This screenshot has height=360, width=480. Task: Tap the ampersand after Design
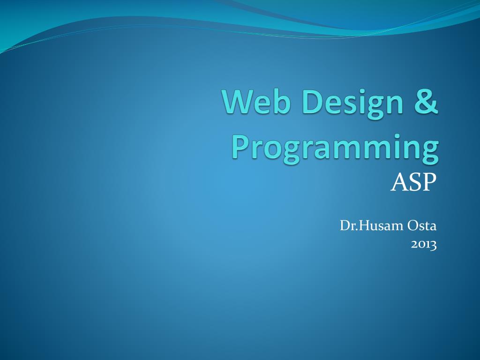tap(427, 101)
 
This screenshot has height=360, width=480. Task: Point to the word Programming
tap(335, 149)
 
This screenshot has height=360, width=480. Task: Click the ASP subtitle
tap(413, 182)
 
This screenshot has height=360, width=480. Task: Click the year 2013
tap(424, 245)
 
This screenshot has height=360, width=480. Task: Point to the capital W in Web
tap(239, 101)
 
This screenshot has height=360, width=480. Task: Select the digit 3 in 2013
tap(434, 246)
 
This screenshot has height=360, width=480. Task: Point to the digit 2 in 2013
tap(414, 245)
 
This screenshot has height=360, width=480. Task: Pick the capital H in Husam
tap(364, 226)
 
